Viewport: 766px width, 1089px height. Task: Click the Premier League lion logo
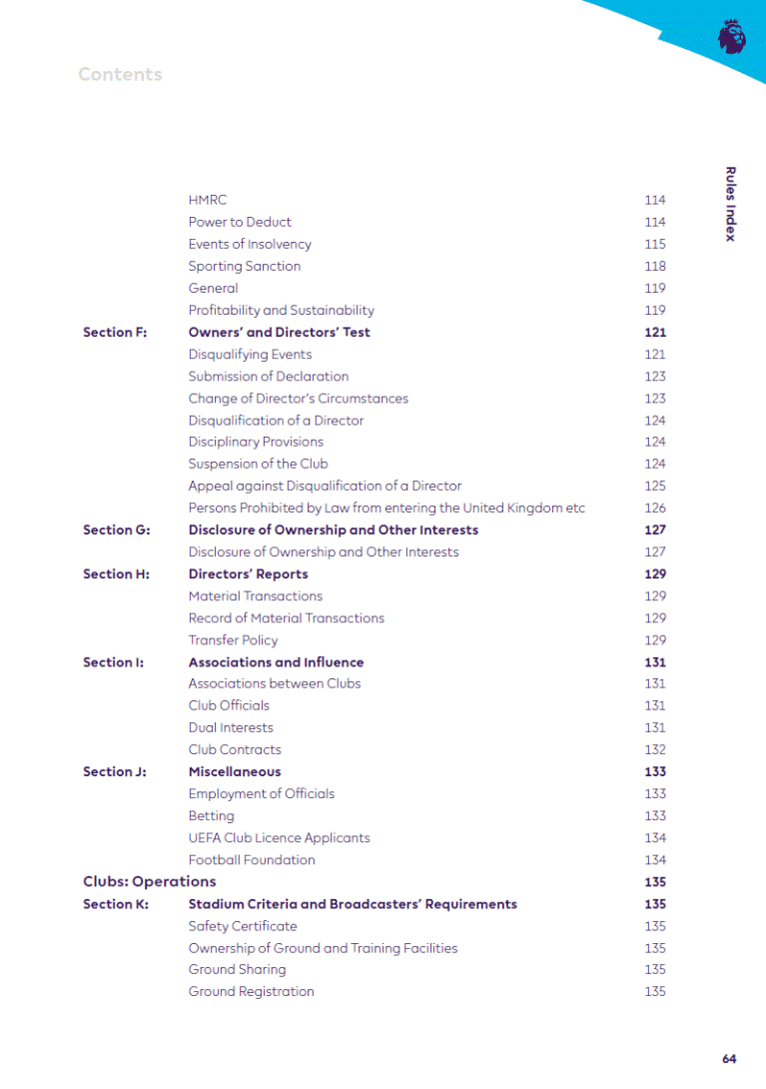pos(731,36)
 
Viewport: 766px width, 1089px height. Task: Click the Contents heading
pos(120,75)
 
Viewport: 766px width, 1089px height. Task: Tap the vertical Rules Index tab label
pos(730,204)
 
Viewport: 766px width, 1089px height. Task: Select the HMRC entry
pos(208,200)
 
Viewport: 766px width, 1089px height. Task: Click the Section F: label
pos(114,333)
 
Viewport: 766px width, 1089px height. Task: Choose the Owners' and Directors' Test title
pos(279,333)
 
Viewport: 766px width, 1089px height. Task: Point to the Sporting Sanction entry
pos(244,266)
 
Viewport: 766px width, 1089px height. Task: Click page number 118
pos(655,266)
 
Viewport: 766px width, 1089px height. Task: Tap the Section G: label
pos(116,531)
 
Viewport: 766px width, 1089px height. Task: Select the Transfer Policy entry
pos(233,640)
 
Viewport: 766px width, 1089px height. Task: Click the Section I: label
pos(113,662)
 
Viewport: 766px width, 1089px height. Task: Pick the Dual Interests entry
pos(231,728)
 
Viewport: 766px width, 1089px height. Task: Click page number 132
pos(655,750)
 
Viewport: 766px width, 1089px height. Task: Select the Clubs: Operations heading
pos(149,882)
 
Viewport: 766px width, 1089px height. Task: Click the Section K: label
pos(115,904)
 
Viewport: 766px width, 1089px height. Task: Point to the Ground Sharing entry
pos(237,970)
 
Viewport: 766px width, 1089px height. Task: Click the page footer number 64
pos(729,1059)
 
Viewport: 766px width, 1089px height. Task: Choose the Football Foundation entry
pos(252,860)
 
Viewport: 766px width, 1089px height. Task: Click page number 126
pos(655,509)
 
